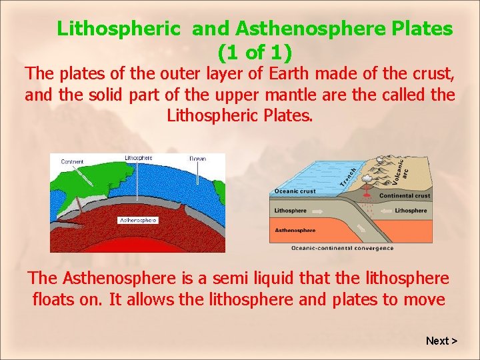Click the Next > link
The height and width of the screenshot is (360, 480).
click(441, 341)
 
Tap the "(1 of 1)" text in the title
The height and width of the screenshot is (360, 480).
click(255, 51)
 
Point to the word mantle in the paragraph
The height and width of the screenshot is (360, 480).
click(286, 95)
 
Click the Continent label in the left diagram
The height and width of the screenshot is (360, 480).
click(72, 161)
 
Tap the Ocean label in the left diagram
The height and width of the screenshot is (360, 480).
click(198, 159)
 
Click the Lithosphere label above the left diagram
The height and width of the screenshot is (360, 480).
click(139, 158)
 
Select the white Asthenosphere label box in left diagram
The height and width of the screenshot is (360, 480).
click(138, 219)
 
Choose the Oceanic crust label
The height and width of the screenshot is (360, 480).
click(294, 192)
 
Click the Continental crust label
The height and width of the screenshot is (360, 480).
click(405, 196)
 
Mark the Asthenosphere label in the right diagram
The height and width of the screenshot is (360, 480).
click(295, 231)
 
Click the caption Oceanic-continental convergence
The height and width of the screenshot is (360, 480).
click(342, 249)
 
